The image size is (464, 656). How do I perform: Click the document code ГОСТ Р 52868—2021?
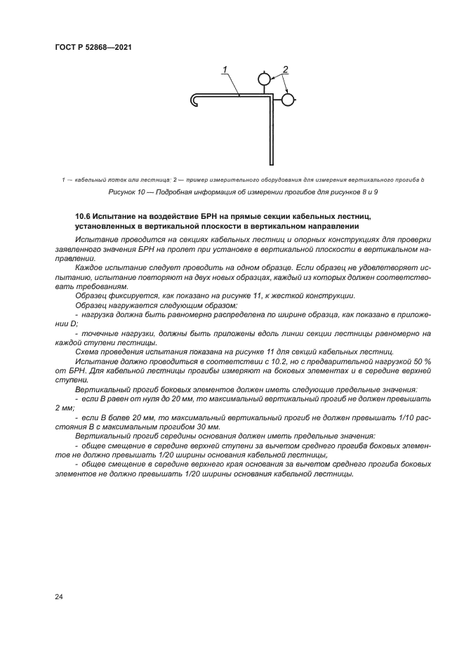coord(93,48)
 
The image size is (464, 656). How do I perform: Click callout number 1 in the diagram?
coord(225,69)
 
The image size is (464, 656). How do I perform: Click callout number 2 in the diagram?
coord(286,69)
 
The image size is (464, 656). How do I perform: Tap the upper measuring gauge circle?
coord(264,80)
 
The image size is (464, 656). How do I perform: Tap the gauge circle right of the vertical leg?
coord(287,100)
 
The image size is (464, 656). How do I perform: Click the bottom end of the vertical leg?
coord(269,161)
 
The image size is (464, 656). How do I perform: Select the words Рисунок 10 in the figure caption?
coord(126,192)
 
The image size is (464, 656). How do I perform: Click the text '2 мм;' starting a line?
coord(65,407)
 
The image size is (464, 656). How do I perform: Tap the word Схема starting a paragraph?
coord(87,351)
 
